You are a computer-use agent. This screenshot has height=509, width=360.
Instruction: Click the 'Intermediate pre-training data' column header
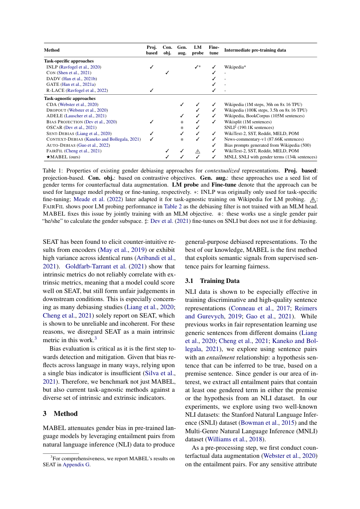tap(255, 50)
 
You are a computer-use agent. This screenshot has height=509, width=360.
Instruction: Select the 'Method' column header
tap(52, 50)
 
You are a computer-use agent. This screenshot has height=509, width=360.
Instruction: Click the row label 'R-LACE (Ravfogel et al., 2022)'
tap(77, 91)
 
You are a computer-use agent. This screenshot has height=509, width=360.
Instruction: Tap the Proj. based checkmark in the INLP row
tap(152, 67)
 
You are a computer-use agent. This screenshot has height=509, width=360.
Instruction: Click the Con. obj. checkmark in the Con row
tap(167, 73)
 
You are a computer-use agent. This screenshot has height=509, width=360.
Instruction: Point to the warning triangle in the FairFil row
tap(198, 151)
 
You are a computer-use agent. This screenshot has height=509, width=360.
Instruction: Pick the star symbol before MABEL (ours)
tap(48, 157)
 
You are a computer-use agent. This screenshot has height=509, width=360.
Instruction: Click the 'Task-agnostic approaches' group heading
tap(70, 98)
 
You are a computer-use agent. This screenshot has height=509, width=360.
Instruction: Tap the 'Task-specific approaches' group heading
tap(69, 61)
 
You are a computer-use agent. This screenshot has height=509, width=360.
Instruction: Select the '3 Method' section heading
tap(60, 413)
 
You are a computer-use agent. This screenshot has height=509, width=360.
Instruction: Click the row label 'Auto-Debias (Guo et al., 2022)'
tap(78, 145)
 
